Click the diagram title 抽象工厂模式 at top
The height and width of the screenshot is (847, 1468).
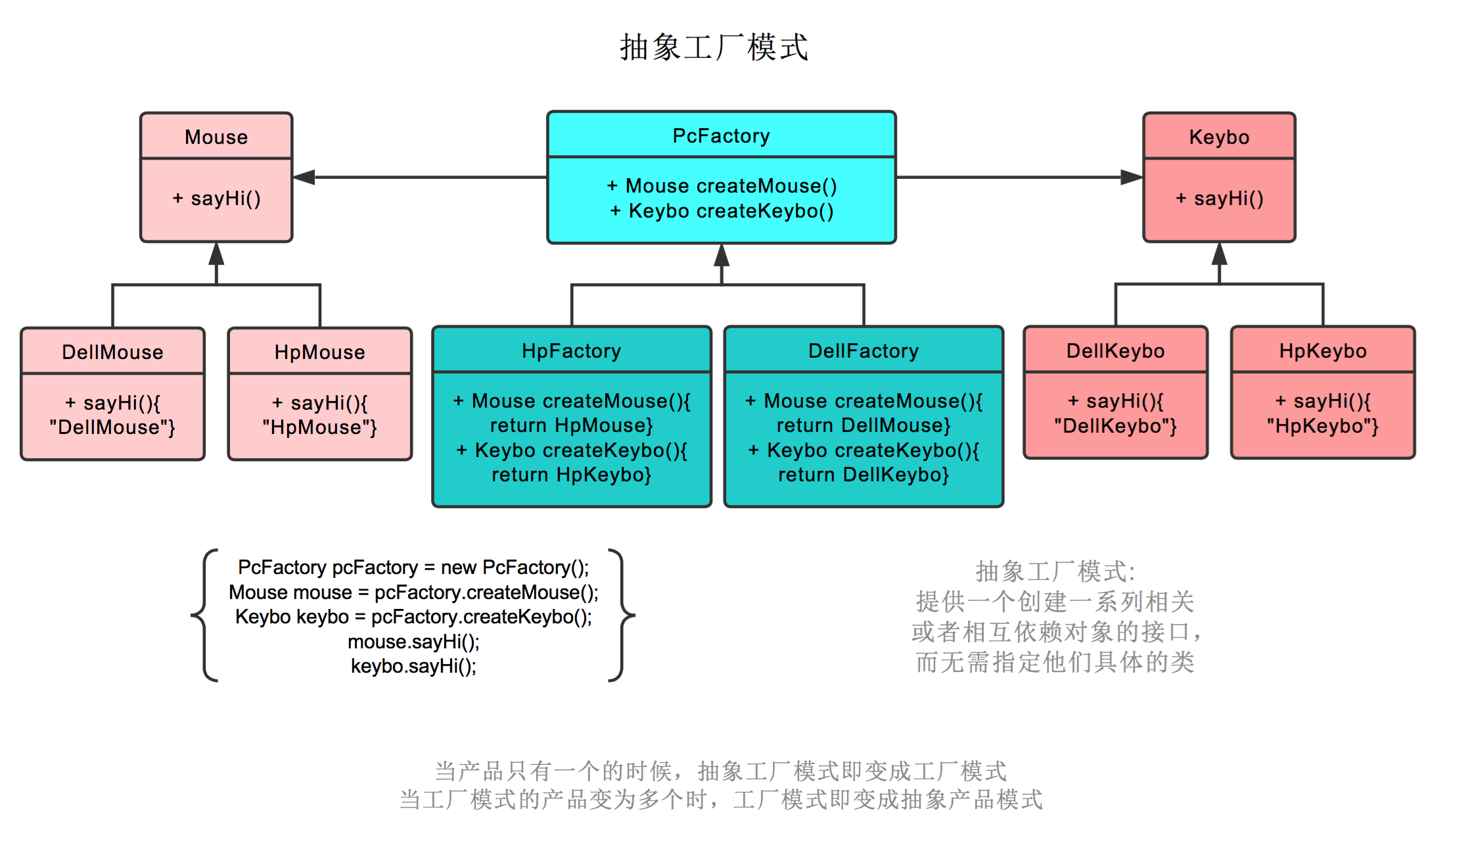coord(714,47)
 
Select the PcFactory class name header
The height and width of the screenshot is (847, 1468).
coord(721,135)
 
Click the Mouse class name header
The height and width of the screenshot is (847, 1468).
coord(216,137)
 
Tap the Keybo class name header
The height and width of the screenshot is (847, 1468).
coord(1219,137)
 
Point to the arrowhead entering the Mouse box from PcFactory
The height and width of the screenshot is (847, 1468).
coord(304,177)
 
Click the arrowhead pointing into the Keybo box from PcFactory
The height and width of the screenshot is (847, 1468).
coord(1131,177)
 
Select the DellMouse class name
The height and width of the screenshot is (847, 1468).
coord(112,352)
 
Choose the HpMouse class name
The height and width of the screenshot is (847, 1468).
coord(319,352)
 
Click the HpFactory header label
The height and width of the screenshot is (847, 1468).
coord(571,351)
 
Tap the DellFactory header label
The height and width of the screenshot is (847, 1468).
coord(863,351)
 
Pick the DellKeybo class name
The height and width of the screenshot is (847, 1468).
coord(1115,351)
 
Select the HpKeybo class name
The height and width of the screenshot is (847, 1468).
coord(1322,351)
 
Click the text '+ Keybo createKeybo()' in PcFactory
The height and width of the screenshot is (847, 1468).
coord(722,211)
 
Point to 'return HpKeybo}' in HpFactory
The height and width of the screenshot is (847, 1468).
coord(571,475)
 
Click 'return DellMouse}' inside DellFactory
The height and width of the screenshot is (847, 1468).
coord(863,425)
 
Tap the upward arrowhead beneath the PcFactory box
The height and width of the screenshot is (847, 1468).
coord(722,255)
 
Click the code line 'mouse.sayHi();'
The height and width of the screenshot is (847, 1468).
coord(413,641)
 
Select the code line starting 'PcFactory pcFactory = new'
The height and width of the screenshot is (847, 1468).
coord(413,567)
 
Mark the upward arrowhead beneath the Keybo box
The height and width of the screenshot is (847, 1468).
coord(1219,254)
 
